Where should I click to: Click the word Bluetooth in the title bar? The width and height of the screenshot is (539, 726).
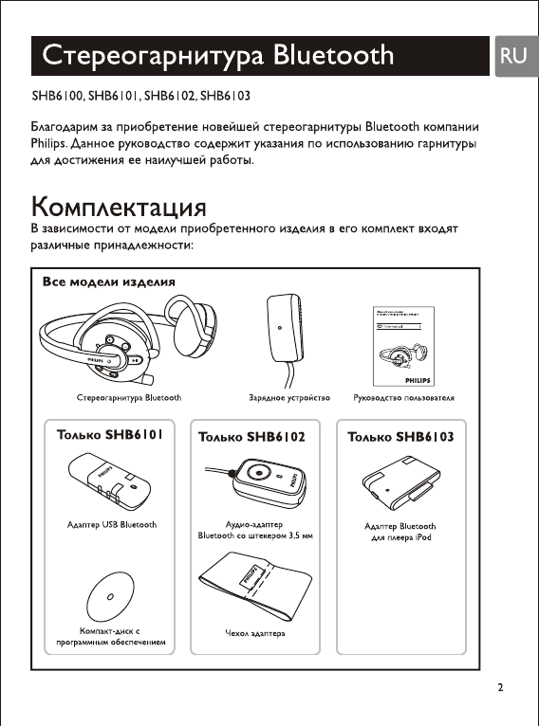pyautogui.click(x=333, y=55)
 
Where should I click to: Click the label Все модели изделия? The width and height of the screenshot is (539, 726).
pyautogui.click(x=108, y=282)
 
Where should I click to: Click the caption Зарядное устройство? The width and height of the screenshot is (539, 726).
pyautogui.click(x=282, y=398)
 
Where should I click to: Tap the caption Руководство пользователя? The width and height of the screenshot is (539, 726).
pyautogui.click(x=403, y=398)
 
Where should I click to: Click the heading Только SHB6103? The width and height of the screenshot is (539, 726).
pyautogui.click(x=400, y=437)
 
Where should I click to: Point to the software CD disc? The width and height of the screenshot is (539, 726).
pyautogui.click(x=111, y=596)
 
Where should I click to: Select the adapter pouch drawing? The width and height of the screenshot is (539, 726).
pyautogui.click(x=254, y=588)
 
